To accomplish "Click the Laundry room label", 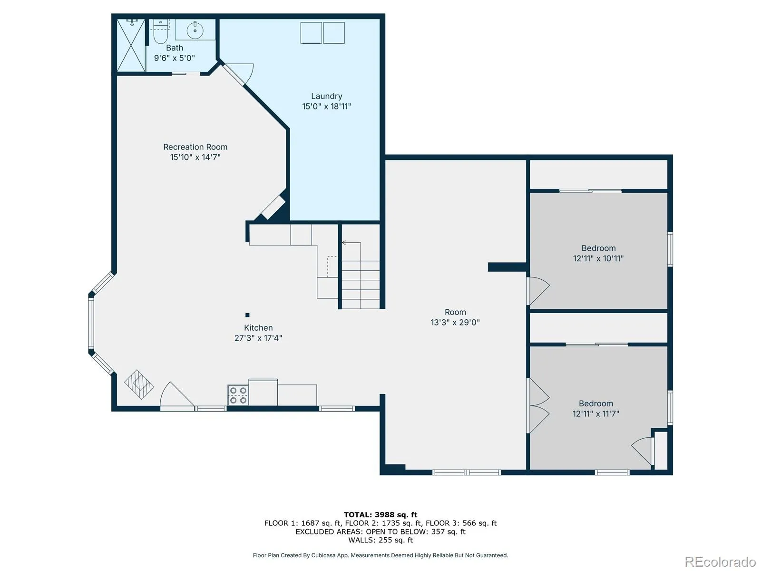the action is [x=326, y=96].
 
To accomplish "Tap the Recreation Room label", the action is [x=195, y=147].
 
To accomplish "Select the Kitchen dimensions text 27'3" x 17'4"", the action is [x=258, y=338].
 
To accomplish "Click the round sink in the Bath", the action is [x=195, y=30].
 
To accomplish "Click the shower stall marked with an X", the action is [x=131, y=45].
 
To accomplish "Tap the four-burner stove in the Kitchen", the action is [x=238, y=395].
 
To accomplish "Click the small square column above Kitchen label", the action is [x=247, y=315].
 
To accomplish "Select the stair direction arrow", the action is [x=351, y=243].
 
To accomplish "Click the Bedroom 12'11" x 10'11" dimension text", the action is [x=598, y=258].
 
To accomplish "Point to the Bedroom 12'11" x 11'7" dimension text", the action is [x=595, y=413].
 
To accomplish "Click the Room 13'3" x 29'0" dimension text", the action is [x=455, y=323].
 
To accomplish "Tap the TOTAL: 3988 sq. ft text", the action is [x=380, y=515].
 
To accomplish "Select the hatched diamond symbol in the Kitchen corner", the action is [x=139, y=384].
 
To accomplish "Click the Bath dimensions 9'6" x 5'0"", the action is [x=175, y=58].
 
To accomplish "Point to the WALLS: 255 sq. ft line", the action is [x=380, y=540].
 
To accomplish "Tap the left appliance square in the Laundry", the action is [x=311, y=33].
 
